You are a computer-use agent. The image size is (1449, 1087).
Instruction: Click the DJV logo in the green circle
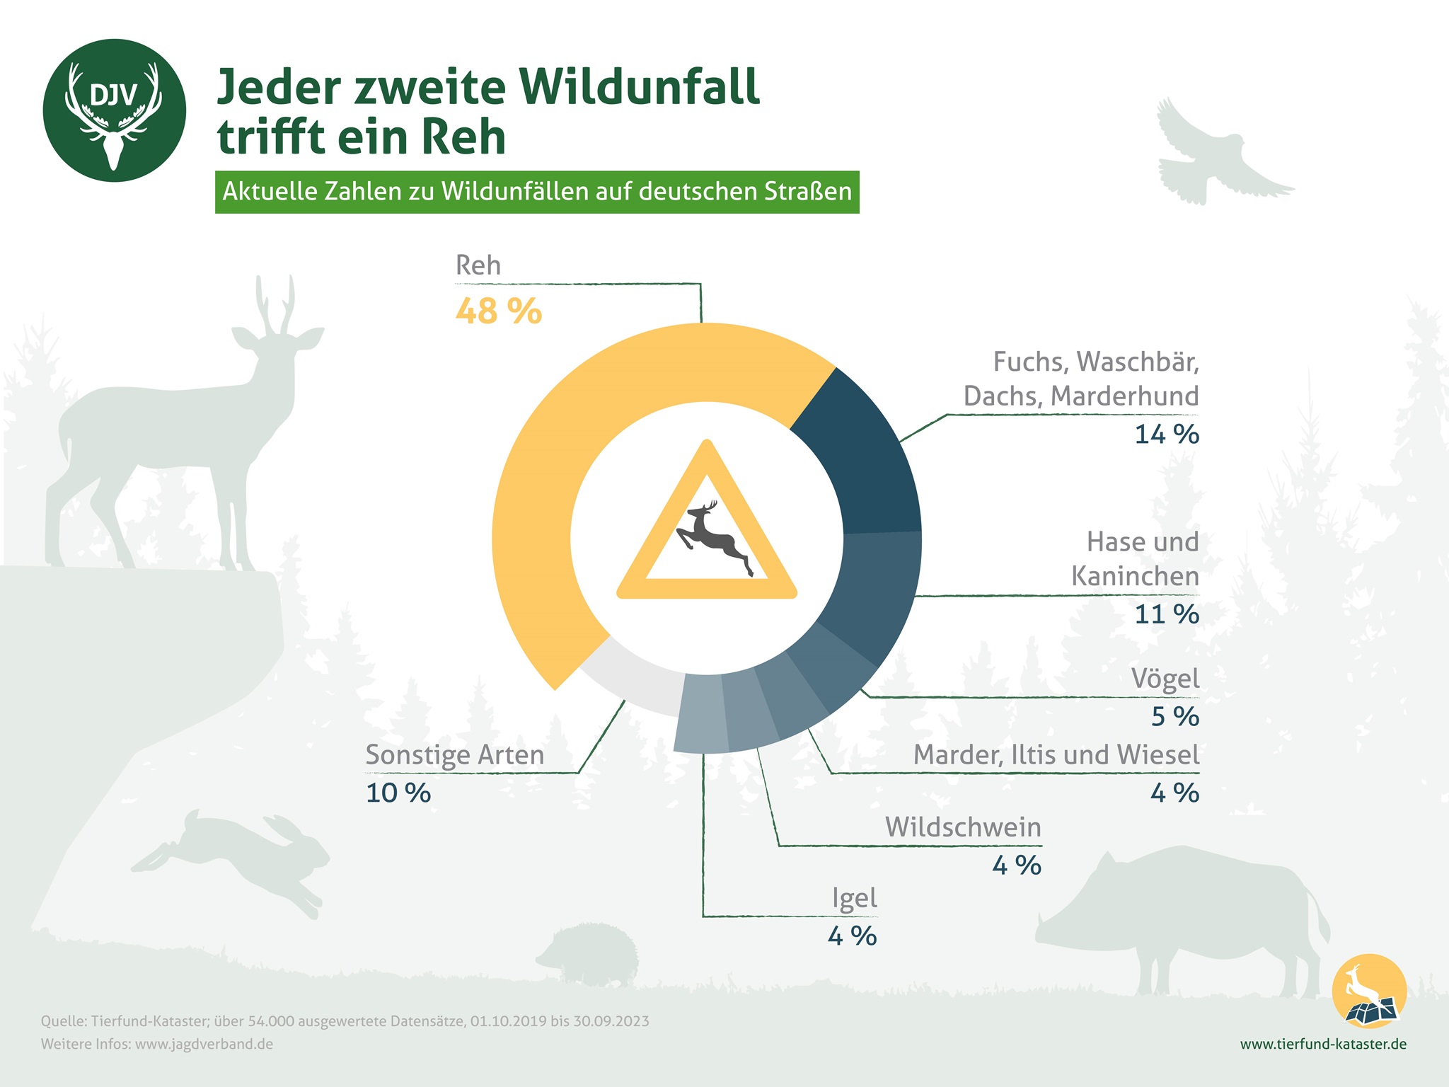pyautogui.click(x=114, y=110)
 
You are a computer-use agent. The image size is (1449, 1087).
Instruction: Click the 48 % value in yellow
pyautogui.click(x=499, y=311)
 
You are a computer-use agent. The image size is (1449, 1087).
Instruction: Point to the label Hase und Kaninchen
pyautogui.click(x=1136, y=559)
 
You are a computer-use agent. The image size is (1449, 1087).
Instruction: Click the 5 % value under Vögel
pyautogui.click(x=1174, y=716)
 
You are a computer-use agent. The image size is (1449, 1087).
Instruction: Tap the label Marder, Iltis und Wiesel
pyautogui.click(x=1056, y=754)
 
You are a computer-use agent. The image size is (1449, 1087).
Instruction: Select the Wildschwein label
pyautogui.click(x=963, y=827)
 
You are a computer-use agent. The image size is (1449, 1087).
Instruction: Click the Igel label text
pyautogui.click(x=854, y=898)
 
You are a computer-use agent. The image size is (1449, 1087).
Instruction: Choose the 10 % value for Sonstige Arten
pyautogui.click(x=398, y=793)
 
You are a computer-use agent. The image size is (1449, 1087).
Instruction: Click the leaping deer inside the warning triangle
pyautogui.click(x=711, y=538)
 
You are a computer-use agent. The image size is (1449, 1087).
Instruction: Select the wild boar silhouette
pyautogui.click(x=1182, y=913)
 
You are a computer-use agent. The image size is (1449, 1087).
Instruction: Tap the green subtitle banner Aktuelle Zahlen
pyautogui.click(x=537, y=192)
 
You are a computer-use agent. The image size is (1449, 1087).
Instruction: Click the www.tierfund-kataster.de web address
pyautogui.click(x=1323, y=1044)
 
